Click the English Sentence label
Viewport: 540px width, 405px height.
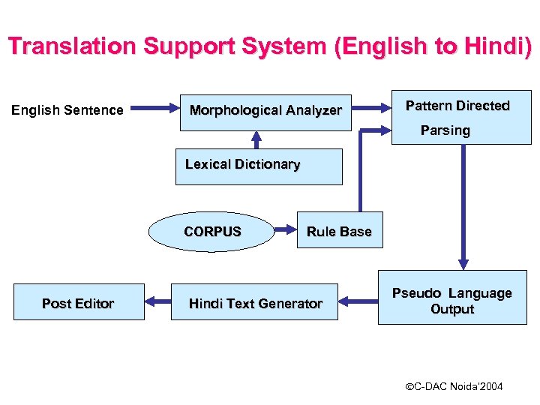pos(67,110)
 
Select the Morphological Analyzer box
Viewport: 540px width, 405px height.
pos(265,111)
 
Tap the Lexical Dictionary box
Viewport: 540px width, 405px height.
pos(259,166)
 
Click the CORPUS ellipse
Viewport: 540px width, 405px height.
pos(212,232)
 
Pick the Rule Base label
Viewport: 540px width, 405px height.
pos(339,232)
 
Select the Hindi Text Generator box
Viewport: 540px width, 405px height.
pos(255,303)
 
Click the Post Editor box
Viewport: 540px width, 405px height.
pos(78,303)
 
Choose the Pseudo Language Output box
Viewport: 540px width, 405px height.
pos(451,300)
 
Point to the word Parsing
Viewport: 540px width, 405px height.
pos(445,130)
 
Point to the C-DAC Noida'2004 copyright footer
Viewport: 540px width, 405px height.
pos(454,386)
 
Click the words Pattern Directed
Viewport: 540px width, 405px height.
pos(457,106)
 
